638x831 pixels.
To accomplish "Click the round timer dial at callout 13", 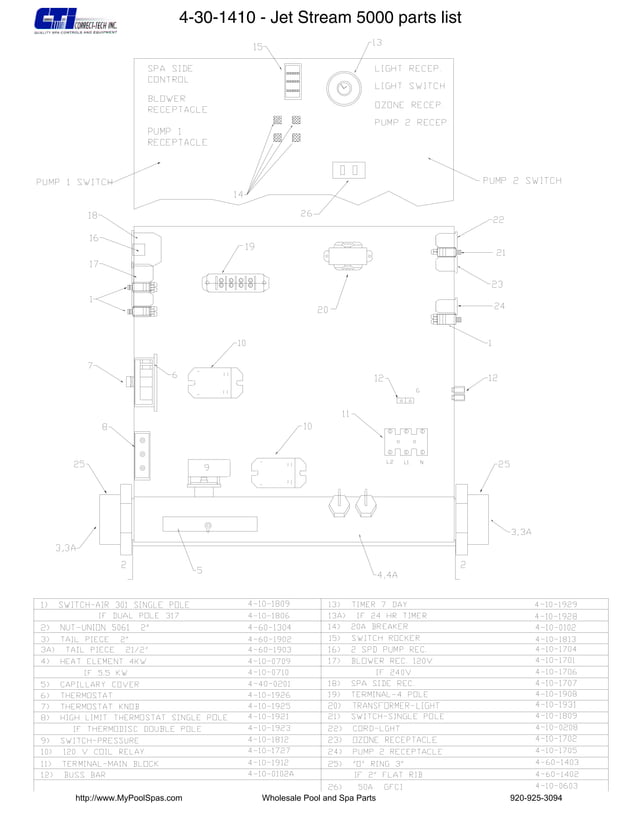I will (x=344, y=87).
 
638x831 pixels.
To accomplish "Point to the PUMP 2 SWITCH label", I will (x=522, y=181).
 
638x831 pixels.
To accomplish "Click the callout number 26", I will (x=306, y=212).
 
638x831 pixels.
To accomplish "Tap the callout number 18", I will (x=92, y=215).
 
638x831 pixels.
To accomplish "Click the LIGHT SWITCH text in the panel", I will (x=409, y=86).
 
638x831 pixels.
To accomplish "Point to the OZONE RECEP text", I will (x=408, y=104).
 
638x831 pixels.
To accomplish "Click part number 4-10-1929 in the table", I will (x=555, y=605).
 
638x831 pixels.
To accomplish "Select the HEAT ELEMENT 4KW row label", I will (x=105, y=661).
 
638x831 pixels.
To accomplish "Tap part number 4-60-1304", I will (x=269, y=627).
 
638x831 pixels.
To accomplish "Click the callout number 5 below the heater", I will (x=199, y=570).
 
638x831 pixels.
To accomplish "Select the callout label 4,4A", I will (x=386, y=575).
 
